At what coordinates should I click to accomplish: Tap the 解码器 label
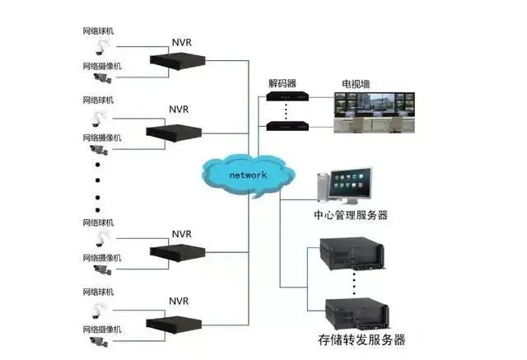pos(282,83)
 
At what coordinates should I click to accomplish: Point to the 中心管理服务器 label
pos(351,216)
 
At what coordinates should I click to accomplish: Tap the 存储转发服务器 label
pos(361,339)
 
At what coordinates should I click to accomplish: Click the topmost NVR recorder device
pos(175,59)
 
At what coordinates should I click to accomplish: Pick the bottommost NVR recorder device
pos(175,322)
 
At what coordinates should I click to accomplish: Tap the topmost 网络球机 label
pos(99,30)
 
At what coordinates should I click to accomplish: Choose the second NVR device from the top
pos(175,130)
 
